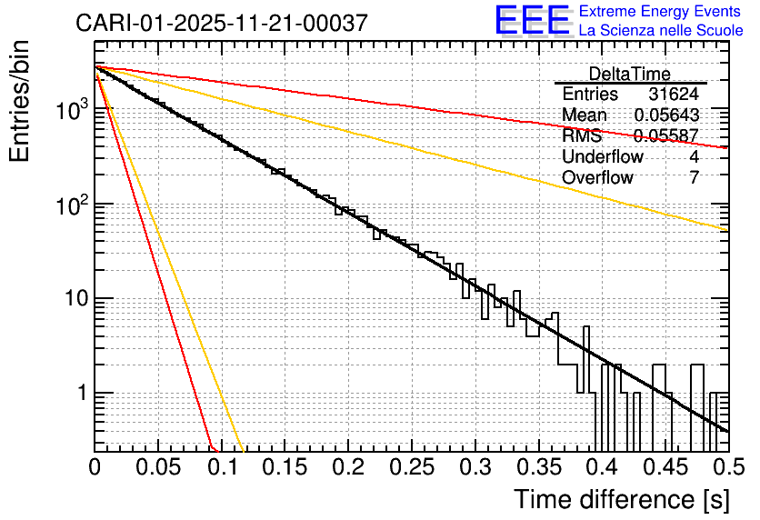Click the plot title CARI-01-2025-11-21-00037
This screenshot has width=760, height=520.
[222, 23]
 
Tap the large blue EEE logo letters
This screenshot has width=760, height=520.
[533, 21]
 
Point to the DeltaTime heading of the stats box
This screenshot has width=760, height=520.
[630, 74]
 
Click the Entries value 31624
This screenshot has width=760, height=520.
[674, 95]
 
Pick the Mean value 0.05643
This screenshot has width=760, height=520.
[666, 115]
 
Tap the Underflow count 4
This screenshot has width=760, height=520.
[694, 156]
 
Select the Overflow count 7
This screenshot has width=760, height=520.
[694, 177]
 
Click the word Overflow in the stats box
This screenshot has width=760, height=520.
[597, 177]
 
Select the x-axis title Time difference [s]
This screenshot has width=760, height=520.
[621, 499]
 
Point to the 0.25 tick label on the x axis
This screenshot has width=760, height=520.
[410, 467]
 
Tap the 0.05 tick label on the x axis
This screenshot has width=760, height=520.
[157, 467]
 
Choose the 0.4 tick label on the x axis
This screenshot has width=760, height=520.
[600, 467]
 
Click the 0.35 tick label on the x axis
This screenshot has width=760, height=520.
[536, 467]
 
